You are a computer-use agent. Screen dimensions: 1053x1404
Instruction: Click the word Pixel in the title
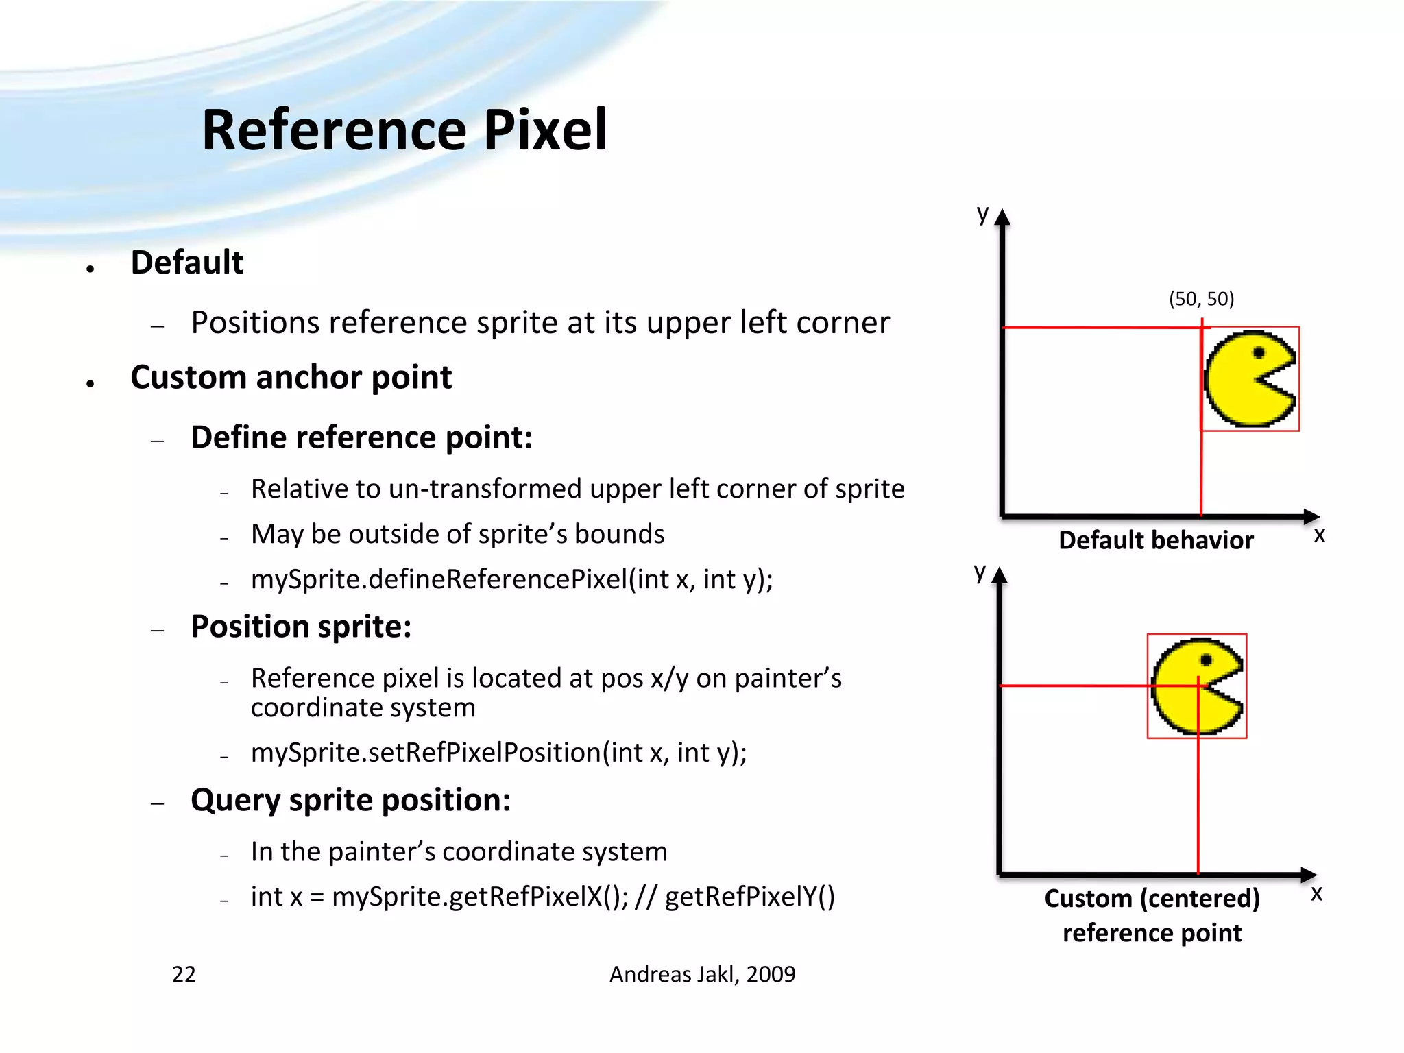[545, 130]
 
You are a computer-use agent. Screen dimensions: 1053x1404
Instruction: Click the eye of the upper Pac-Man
[1259, 353]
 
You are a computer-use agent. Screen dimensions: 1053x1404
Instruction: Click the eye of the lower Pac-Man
[1207, 660]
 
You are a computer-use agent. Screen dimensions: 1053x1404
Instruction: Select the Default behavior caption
[1156, 540]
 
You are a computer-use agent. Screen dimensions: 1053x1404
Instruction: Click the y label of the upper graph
[982, 214]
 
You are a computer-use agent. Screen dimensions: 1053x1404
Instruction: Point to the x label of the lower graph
[1316, 893]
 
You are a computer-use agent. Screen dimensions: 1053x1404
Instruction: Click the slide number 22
[184, 974]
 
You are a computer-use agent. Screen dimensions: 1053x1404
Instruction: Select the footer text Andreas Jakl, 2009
[702, 974]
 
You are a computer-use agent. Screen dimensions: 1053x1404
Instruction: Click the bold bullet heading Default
[186, 263]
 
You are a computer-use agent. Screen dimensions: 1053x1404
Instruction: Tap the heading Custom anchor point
[291, 378]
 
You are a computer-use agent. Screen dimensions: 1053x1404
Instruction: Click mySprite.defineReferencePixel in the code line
[439, 580]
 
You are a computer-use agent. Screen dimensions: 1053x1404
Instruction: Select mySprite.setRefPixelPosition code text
[425, 753]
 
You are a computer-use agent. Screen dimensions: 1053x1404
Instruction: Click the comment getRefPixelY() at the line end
[749, 897]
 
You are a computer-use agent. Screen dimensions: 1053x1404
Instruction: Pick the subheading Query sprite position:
[350, 800]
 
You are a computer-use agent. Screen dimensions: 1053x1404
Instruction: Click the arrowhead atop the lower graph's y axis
[1000, 574]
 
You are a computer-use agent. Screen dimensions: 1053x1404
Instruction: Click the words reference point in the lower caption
[1152, 933]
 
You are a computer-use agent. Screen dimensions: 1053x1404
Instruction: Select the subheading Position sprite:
[301, 627]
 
